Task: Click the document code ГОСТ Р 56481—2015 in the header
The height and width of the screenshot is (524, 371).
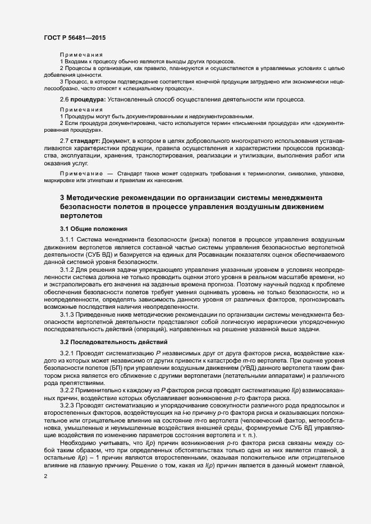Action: [x=74, y=38]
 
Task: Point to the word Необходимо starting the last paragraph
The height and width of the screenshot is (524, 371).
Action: [x=79, y=442]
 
